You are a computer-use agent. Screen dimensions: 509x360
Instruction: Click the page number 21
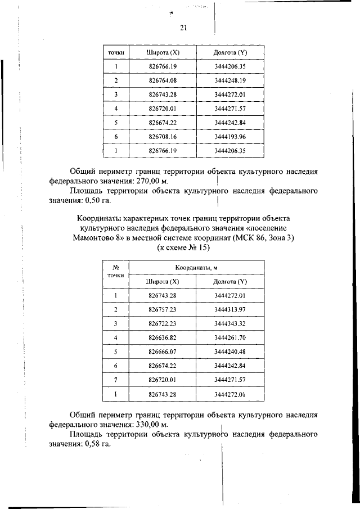tap(183, 28)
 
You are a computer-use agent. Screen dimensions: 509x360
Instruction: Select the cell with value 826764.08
tap(163, 80)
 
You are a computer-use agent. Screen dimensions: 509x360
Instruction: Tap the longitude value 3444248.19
tap(231, 80)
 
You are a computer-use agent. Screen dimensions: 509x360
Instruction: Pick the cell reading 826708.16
tap(163, 137)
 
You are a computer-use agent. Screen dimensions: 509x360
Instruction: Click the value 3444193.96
tap(231, 137)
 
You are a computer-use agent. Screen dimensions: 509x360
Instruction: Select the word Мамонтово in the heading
tap(96, 238)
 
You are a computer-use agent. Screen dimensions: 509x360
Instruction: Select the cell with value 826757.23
tap(163, 309)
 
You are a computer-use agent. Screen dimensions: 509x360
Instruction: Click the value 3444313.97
tap(231, 309)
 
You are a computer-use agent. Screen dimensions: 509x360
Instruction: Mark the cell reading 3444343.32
tap(231, 323)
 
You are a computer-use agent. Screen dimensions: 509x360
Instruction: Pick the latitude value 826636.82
tap(163, 337)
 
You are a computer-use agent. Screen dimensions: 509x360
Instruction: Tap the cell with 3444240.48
tap(231, 352)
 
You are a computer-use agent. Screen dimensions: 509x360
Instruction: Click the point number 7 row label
tap(115, 380)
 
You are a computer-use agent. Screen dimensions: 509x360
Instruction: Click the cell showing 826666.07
tap(163, 352)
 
